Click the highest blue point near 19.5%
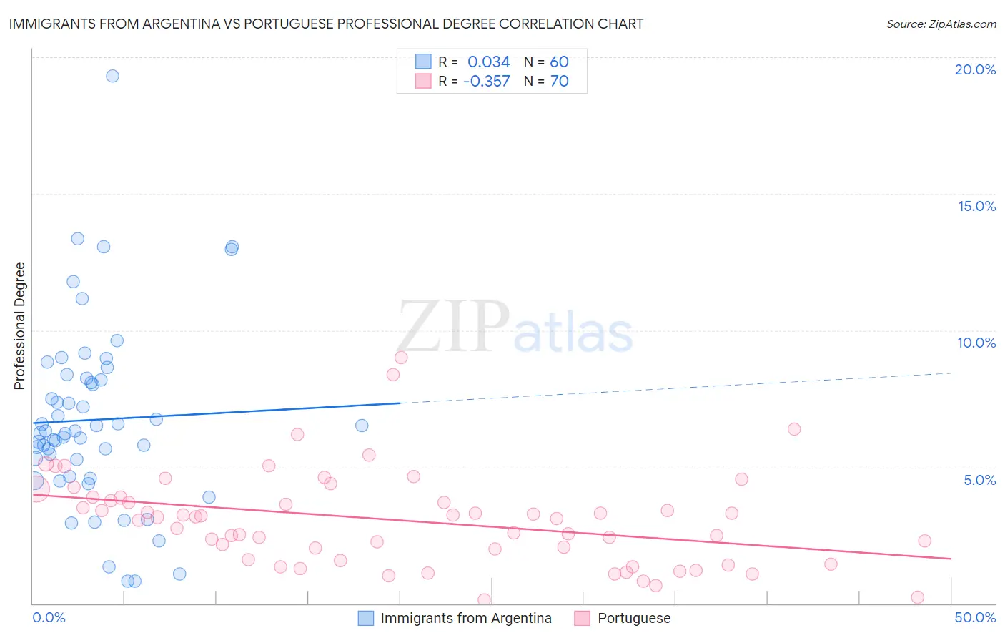(112, 76)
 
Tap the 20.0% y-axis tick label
(975, 69)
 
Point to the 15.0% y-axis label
(976, 206)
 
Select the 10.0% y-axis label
(976, 343)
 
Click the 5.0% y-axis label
(979, 480)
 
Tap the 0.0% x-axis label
(49, 617)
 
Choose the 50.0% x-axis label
(975, 617)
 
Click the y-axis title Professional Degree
(19, 326)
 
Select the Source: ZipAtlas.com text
(941, 24)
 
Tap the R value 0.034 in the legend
(488, 62)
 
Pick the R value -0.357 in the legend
(486, 81)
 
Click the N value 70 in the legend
(559, 81)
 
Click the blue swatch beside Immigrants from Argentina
(366, 618)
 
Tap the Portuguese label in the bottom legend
(634, 618)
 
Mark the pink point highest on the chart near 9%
(401, 358)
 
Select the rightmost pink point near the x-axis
(918, 597)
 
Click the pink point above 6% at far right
(794, 429)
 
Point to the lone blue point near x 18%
(362, 426)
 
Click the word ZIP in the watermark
(453, 327)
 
